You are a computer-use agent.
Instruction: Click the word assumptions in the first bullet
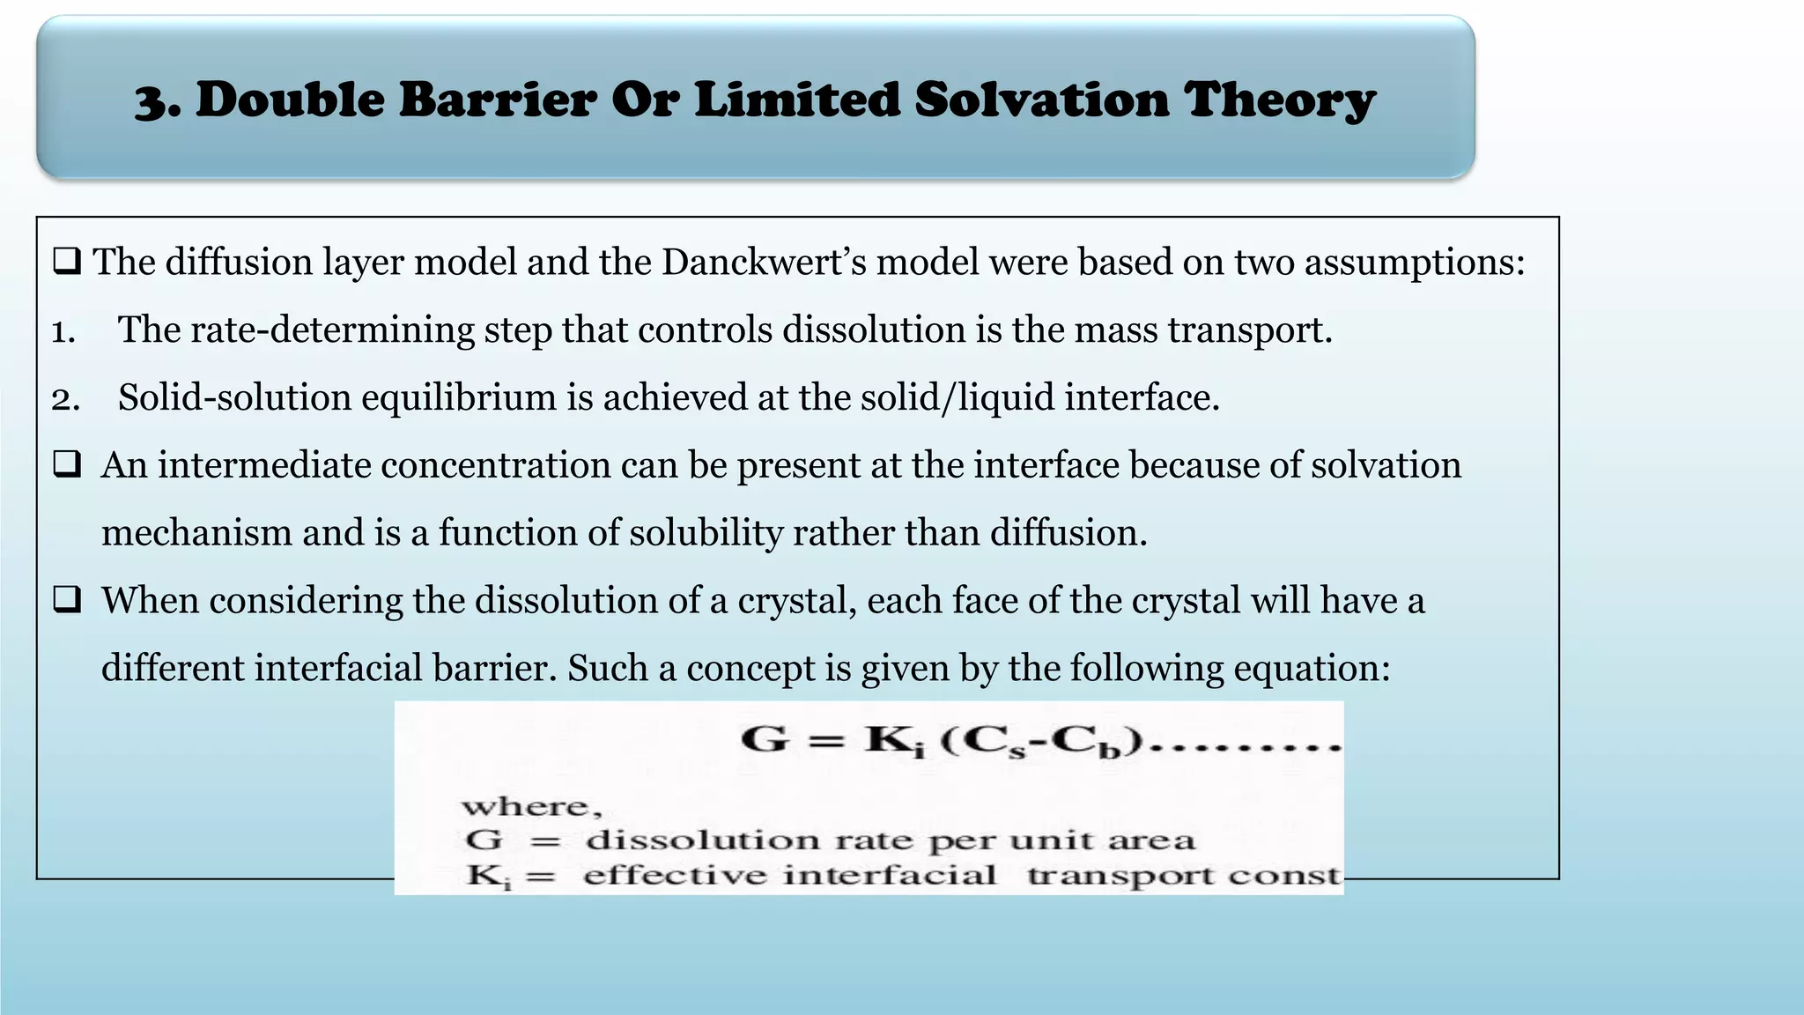click(1414, 263)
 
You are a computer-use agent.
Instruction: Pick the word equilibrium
click(459, 398)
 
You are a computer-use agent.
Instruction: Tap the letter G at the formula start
click(764, 738)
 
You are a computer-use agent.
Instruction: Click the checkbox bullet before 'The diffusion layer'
click(67, 262)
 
